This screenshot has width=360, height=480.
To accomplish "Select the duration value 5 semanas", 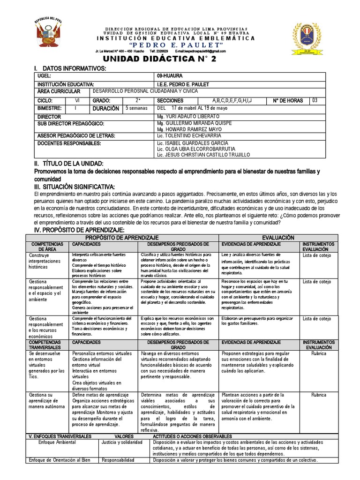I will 136,108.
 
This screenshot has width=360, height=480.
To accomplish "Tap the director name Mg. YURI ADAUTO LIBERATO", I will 189,116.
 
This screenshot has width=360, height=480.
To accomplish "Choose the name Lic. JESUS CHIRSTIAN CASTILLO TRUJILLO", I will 204,155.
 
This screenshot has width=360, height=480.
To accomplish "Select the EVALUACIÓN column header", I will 278,238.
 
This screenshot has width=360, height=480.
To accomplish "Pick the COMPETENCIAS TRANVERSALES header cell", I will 47,345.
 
